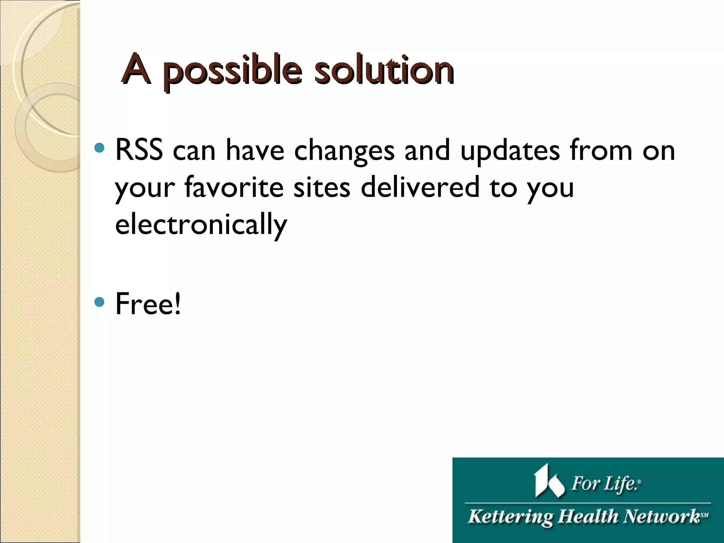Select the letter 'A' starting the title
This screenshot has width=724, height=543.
[x=136, y=69]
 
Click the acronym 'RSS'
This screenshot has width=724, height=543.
[x=139, y=151]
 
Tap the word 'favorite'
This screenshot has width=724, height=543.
[x=234, y=187]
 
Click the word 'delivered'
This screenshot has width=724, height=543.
[x=420, y=187]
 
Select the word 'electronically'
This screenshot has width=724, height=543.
[x=201, y=225]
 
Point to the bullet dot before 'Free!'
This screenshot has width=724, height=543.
[x=100, y=302]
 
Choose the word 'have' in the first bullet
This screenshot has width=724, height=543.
[x=255, y=151]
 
